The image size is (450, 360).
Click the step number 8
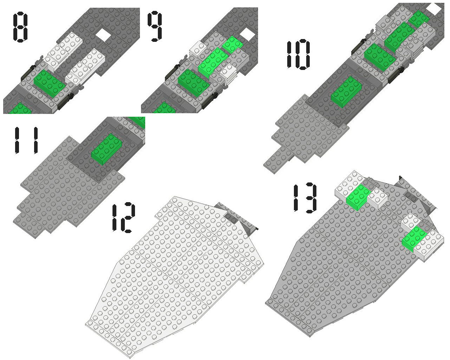tap(20, 27)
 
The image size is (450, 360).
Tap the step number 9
tap(155, 26)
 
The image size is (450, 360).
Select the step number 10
tap(298, 54)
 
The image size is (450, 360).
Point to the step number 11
tap(26, 140)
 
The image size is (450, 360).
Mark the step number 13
tap(305, 198)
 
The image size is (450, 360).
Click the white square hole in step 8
tap(103, 34)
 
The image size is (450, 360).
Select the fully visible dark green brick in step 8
tap(50, 83)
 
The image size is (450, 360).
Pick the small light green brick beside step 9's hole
tap(232, 45)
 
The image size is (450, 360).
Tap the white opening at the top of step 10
tap(434, 8)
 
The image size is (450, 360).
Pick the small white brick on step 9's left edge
tap(198, 49)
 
